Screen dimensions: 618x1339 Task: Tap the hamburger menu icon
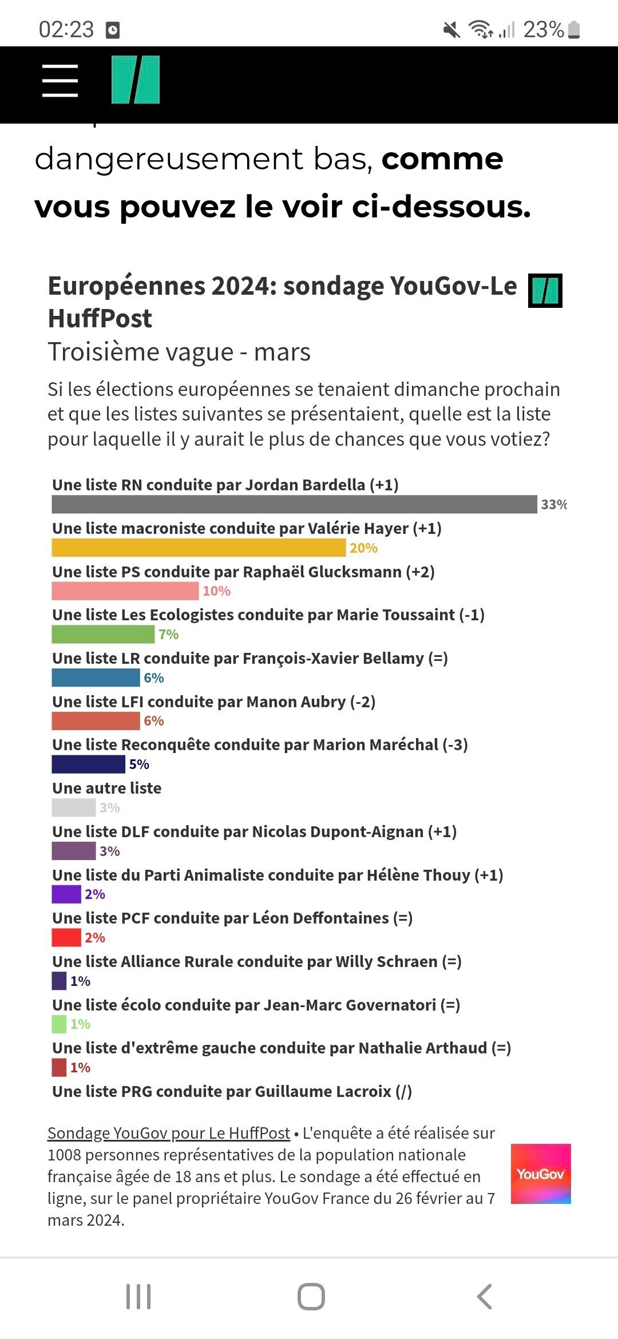tap(60, 80)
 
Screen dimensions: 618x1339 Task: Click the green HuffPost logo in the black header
tap(136, 80)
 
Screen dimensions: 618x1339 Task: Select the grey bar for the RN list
tap(294, 504)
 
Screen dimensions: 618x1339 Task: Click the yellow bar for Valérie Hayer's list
tap(199, 548)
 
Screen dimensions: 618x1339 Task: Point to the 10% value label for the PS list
tap(216, 591)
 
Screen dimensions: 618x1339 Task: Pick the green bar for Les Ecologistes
tap(103, 634)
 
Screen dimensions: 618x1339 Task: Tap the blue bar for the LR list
tap(96, 678)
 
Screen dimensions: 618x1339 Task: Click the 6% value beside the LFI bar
tap(153, 721)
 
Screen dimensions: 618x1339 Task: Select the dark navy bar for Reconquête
tap(88, 764)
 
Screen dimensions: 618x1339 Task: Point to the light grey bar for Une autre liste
tap(73, 807)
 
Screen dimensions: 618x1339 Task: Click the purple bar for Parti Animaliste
tap(66, 894)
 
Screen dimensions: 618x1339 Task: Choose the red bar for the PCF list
tap(66, 937)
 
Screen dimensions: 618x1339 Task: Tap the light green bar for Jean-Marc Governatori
tap(59, 1024)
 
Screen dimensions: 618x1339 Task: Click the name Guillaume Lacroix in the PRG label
tap(323, 1091)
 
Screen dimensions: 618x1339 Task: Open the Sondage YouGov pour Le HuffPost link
tap(169, 1133)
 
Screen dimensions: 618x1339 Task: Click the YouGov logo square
tap(541, 1174)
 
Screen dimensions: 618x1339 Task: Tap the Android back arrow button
tap(484, 1296)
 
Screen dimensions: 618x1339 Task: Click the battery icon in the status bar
tap(575, 30)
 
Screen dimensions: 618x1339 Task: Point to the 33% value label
tap(554, 504)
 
